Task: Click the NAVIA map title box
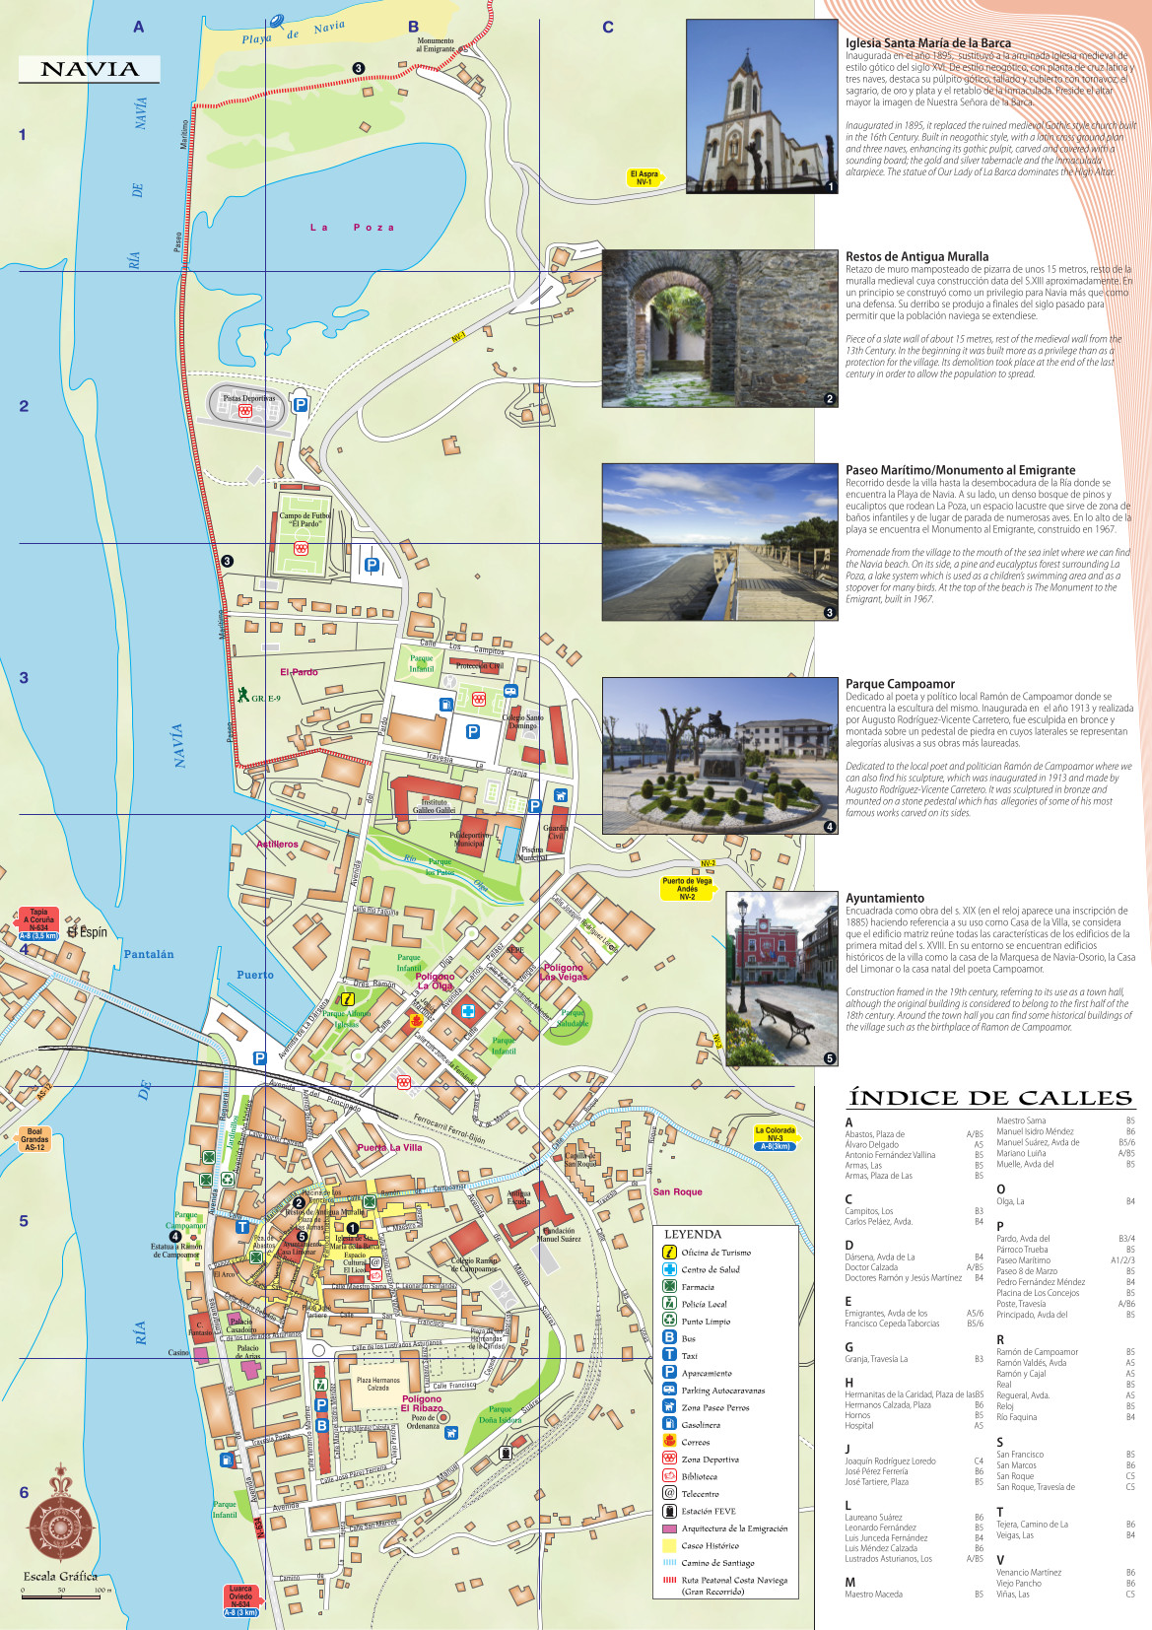(89, 69)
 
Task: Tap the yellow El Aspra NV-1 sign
(645, 177)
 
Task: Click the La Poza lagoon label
(352, 228)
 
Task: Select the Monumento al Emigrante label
(436, 45)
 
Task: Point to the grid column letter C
(608, 28)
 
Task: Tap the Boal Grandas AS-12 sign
(34, 1139)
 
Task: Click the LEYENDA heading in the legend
(693, 1234)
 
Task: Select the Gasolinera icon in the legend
(669, 1424)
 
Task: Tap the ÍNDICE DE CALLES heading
(989, 1098)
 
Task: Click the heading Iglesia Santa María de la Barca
(927, 43)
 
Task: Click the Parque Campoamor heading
(900, 684)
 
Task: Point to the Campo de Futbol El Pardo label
(305, 519)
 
